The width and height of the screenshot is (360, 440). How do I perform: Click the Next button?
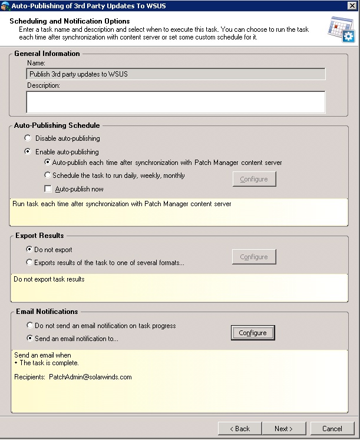pyautogui.click(x=283, y=428)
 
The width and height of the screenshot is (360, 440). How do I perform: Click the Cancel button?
pyautogui.click(x=332, y=428)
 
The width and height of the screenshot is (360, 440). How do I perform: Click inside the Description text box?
pyautogui.click(x=176, y=102)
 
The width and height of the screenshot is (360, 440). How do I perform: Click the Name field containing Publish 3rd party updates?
pyautogui.click(x=176, y=74)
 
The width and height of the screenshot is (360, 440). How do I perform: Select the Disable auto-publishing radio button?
pyautogui.click(x=28, y=138)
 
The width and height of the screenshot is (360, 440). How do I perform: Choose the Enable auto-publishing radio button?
pyautogui.click(x=28, y=151)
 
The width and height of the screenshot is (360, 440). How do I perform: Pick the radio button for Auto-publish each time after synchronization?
pyautogui.click(x=48, y=163)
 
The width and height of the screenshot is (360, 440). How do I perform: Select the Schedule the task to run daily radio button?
pyautogui.click(x=48, y=175)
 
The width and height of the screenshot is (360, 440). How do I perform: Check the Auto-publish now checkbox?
pyautogui.click(x=48, y=189)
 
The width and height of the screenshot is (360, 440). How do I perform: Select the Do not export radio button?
pyautogui.click(x=29, y=250)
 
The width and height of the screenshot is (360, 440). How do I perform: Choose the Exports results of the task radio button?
pyautogui.click(x=29, y=263)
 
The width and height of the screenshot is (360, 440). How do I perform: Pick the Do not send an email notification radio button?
pyautogui.click(x=29, y=325)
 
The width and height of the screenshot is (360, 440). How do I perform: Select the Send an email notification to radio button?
pyautogui.click(x=29, y=338)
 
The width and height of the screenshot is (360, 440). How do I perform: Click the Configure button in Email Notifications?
pyautogui.click(x=253, y=333)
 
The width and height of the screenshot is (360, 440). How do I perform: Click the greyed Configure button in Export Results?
pyautogui.click(x=254, y=257)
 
